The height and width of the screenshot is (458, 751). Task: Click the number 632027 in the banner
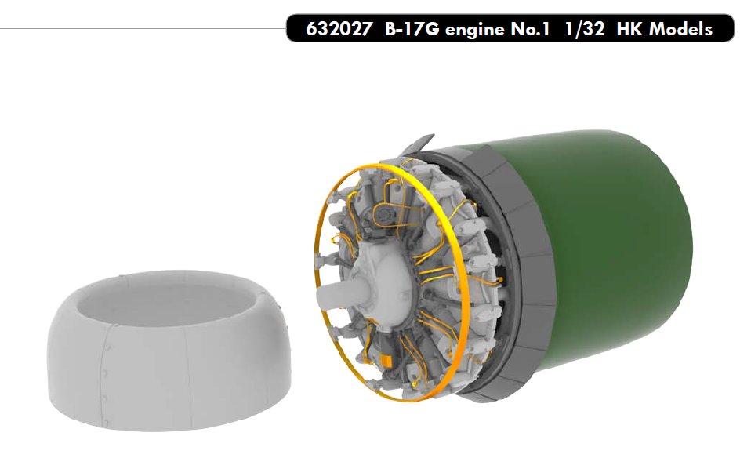point(339,29)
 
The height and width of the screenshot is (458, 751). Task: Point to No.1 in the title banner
point(530,29)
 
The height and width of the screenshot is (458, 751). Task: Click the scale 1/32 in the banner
point(584,29)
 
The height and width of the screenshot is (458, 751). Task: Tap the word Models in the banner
point(680,29)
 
